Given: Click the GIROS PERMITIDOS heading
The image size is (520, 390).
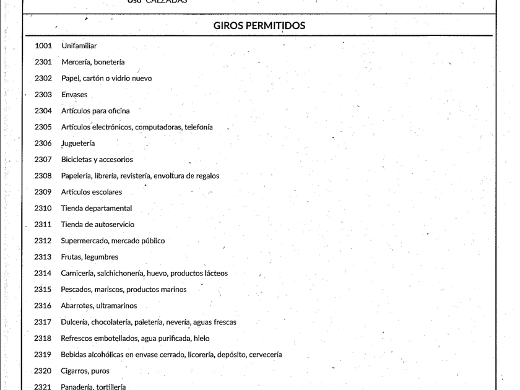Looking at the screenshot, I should coord(259,26).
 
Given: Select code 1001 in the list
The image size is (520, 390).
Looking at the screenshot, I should coord(43,46).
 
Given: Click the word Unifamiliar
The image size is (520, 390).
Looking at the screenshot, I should coord(79,46).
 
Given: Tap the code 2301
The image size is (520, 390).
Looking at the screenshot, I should coord(43,62).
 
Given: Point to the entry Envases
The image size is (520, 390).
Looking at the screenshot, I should coord(74,95).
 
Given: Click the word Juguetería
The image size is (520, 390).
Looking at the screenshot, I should coord(78,144).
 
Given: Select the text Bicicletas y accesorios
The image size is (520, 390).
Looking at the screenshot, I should coord(97,160).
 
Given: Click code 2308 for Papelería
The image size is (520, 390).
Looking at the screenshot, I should coord(43,176).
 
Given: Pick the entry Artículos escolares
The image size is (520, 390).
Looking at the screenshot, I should coord(92,192).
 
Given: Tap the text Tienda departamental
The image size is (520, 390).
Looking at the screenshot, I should coord(97,209).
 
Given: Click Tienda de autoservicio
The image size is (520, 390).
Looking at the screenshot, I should coord(97,225).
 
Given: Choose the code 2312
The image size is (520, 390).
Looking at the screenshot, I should coord(43,241).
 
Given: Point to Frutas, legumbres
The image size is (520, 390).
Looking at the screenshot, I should coord(89,257).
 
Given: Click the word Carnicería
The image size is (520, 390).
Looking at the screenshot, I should coord(77,273).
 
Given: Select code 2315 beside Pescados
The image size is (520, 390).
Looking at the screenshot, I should coord(43,290).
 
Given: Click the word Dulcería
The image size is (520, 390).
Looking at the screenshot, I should coord(75,322).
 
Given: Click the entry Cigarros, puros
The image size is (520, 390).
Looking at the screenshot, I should coord(85,371).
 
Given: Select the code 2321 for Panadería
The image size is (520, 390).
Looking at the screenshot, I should coord(43,387).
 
